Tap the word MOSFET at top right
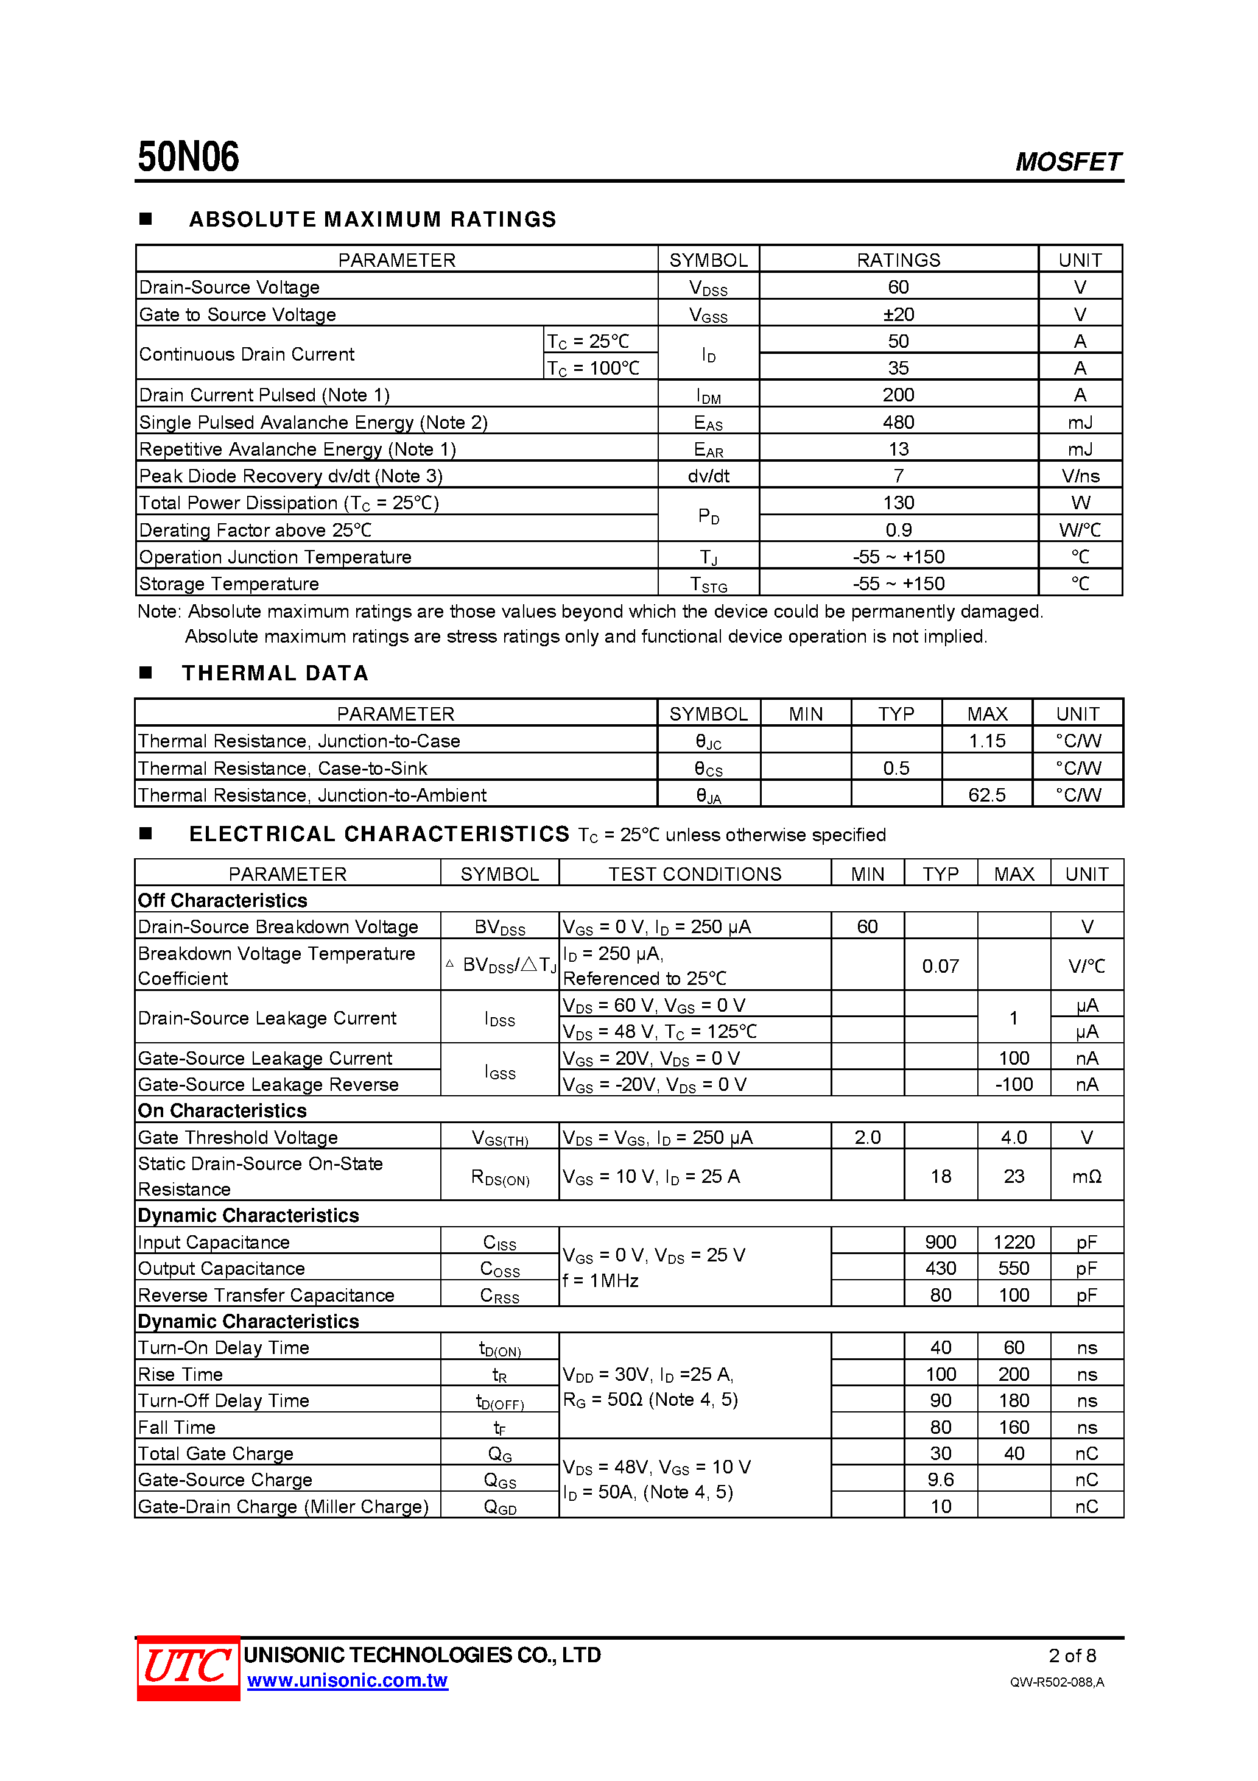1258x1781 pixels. point(1067,161)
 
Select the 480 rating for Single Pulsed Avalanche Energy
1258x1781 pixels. point(898,422)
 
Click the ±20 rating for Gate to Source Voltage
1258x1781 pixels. point(898,314)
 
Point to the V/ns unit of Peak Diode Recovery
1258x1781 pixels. point(1080,476)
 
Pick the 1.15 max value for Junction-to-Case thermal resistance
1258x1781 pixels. point(986,741)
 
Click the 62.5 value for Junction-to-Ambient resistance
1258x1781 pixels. point(986,794)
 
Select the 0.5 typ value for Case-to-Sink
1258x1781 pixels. point(896,768)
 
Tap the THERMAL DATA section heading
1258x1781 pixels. point(275,672)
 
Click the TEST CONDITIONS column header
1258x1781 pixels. point(694,873)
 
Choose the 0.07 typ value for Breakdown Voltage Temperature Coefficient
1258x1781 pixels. point(940,966)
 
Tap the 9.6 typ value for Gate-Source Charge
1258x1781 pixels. point(940,1479)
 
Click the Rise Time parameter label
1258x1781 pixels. point(181,1374)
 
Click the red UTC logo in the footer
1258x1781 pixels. point(188,1667)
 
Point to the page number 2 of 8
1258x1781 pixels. point(1072,1656)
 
